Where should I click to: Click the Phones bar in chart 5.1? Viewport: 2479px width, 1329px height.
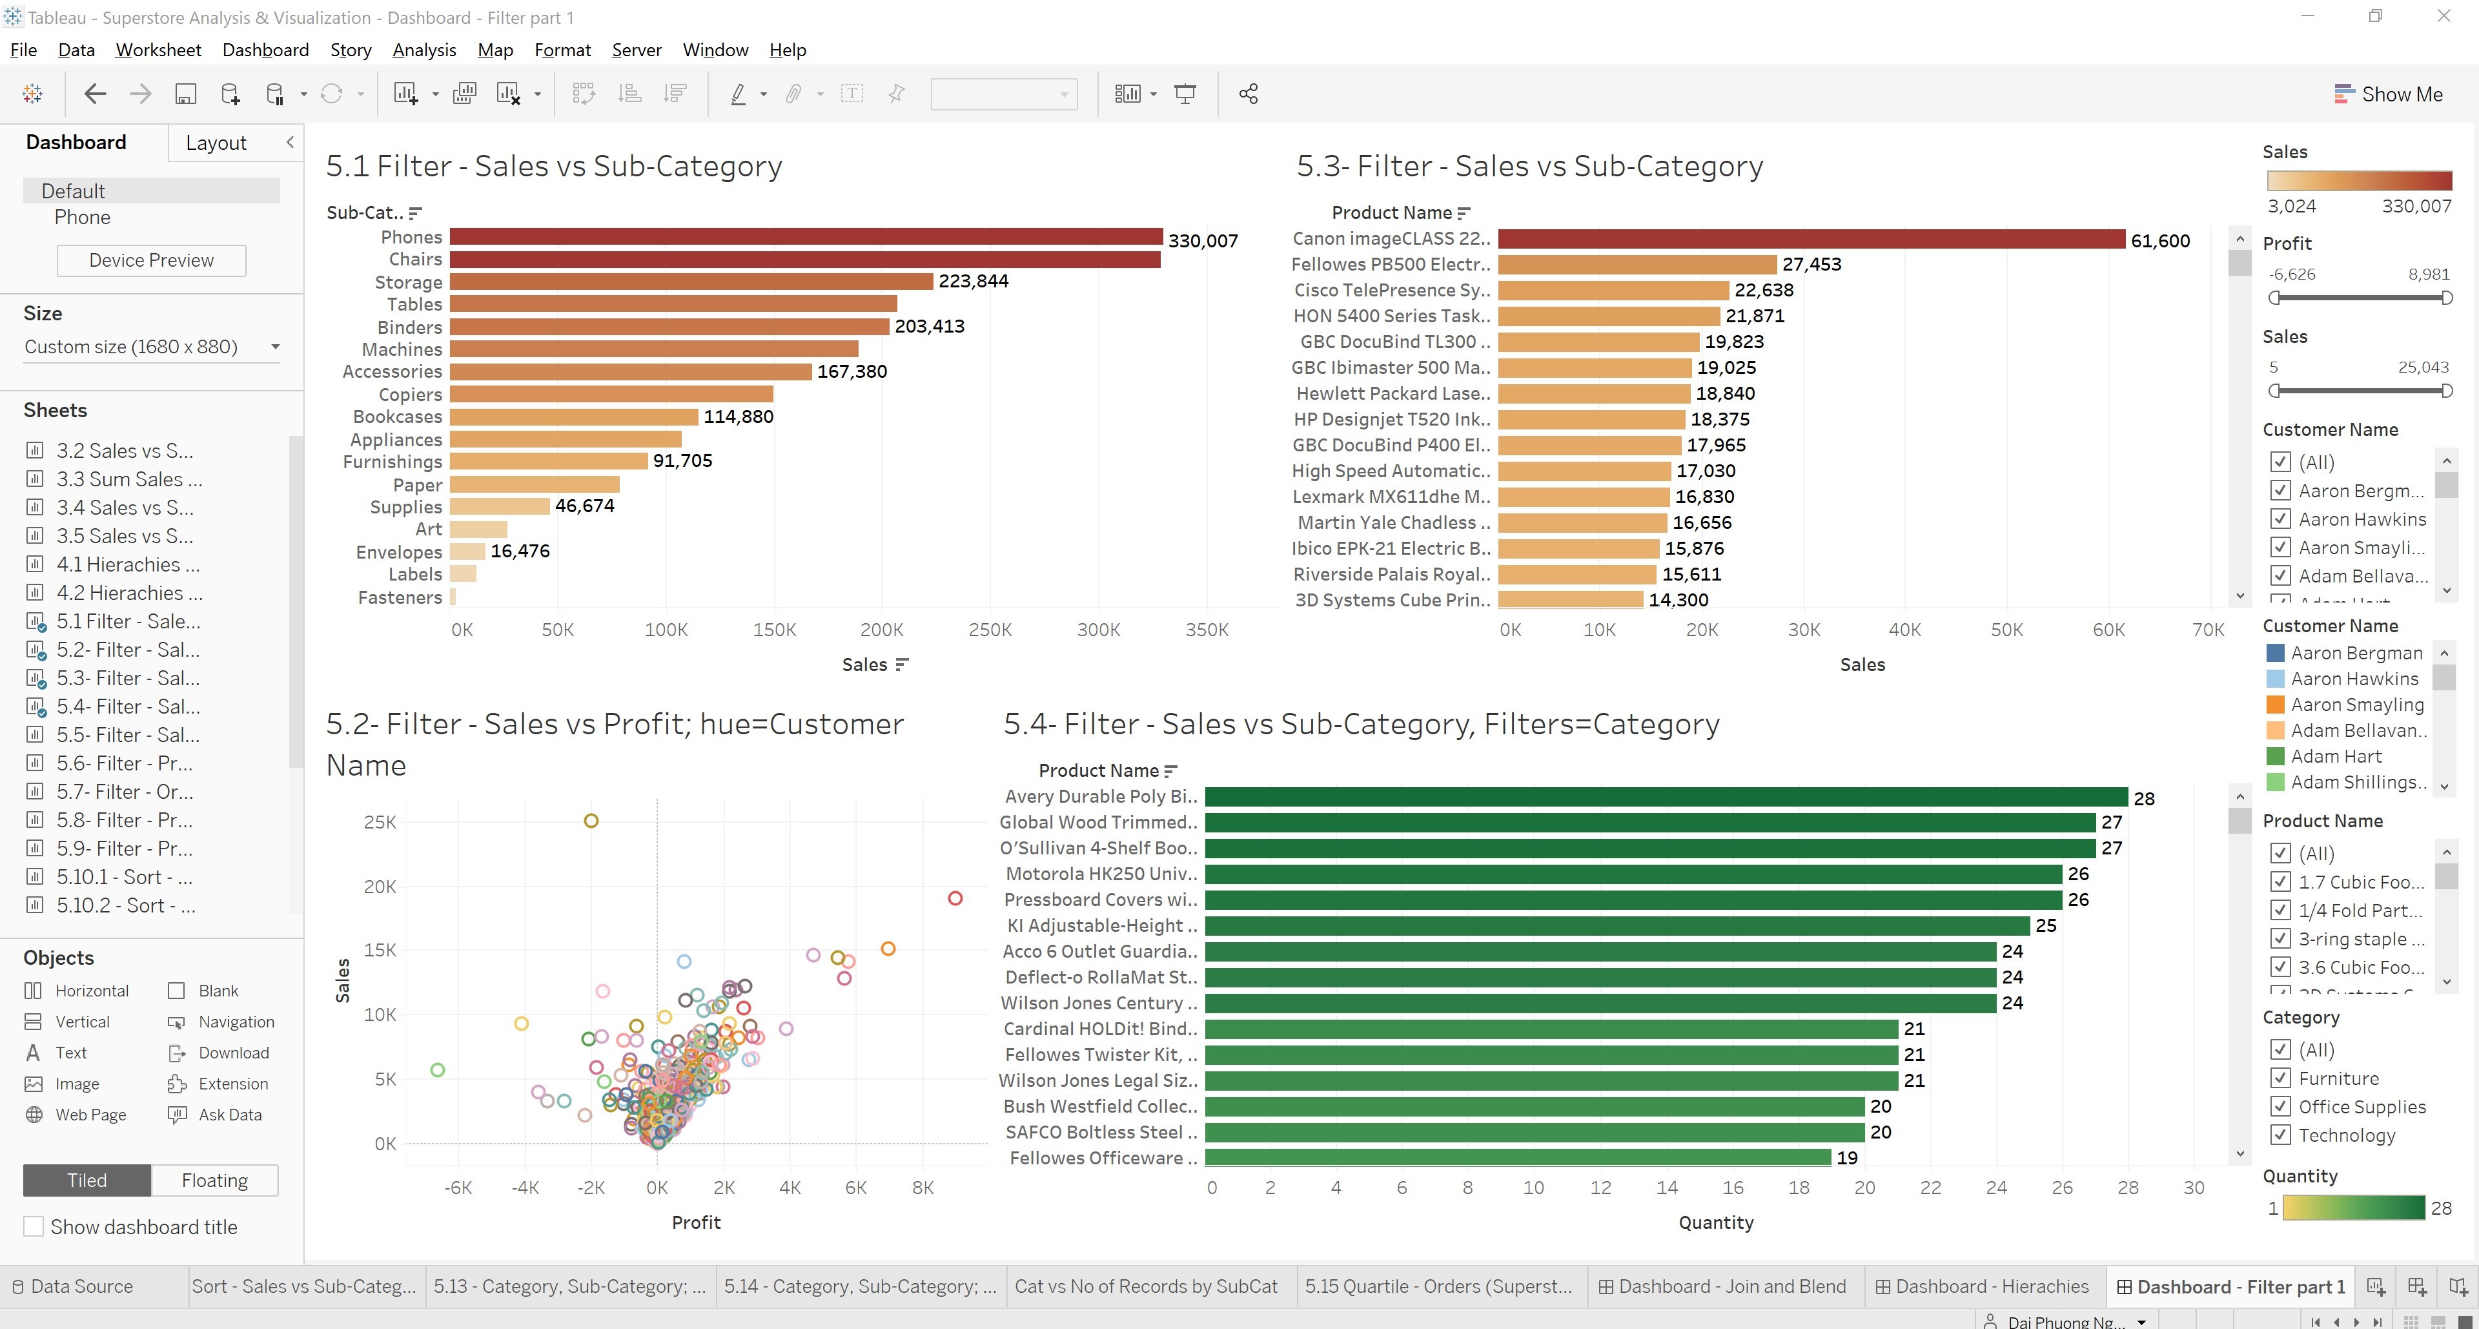(806, 237)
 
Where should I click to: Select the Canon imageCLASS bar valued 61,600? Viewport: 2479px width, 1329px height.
(1810, 240)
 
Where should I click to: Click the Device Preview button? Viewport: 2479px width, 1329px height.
(151, 260)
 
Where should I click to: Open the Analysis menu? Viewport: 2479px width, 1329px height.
(423, 50)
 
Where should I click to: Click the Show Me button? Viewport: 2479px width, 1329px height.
(2389, 94)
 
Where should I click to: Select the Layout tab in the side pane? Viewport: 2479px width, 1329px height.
(216, 143)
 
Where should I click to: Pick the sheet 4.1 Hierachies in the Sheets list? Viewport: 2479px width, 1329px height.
(127, 565)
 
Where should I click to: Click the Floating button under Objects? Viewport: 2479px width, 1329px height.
(214, 1180)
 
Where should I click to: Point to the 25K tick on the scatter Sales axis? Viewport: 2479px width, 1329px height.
(380, 822)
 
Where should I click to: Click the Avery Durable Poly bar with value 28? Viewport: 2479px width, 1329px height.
(1665, 797)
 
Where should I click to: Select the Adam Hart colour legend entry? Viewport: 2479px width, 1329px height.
(2336, 756)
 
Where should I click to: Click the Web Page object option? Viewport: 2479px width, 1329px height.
(90, 1115)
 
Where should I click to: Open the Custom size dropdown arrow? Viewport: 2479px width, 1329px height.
(275, 346)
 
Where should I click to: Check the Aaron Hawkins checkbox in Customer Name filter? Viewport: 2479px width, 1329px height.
(2280, 519)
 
